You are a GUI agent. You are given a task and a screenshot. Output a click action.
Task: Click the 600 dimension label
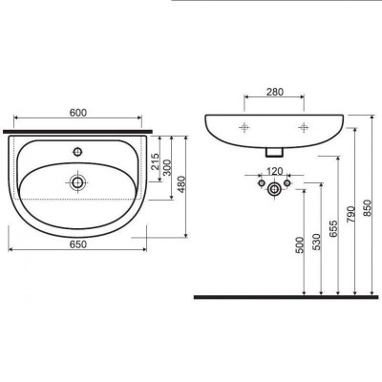click(x=78, y=113)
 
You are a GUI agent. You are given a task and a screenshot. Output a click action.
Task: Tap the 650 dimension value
click(x=78, y=244)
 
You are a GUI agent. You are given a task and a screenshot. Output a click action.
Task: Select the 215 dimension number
click(x=155, y=161)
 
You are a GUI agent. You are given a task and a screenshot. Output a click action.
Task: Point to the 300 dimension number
click(x=167, y=167)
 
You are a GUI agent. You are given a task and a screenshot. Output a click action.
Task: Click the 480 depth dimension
click(x=180, y=184)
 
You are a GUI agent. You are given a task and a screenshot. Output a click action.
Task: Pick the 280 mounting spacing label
click(x=274, y=92)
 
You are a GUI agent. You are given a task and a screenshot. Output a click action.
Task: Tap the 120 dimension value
click(x=274, y=172)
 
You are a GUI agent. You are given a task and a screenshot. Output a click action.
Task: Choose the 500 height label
click(x=300, y=244)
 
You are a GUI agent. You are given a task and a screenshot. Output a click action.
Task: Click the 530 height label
click(x=316, y=242)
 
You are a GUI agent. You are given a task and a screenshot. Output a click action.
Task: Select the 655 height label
click(x=333, y=228)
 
